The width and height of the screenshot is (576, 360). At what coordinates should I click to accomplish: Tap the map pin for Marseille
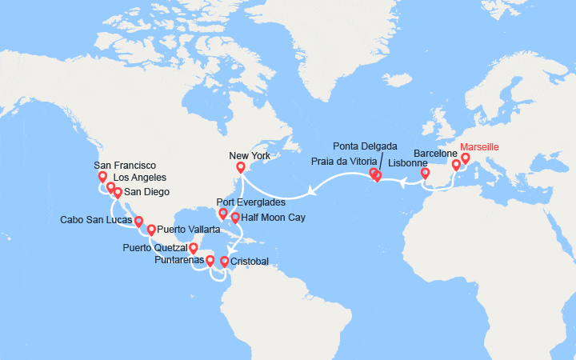(465, 158)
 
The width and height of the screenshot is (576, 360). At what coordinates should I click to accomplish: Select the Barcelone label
(435, 153)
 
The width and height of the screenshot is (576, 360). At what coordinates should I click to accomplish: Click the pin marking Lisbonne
(425, 172)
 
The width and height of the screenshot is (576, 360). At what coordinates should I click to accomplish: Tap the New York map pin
(240, 167)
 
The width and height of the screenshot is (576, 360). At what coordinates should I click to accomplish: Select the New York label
(250, 155)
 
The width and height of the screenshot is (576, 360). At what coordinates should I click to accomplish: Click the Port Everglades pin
(222, 214)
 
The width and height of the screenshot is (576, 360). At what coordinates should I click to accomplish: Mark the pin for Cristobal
(224, 261)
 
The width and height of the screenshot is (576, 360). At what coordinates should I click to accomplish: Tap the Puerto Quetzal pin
(193, 248)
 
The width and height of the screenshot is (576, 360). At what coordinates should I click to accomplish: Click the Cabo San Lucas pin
(138, 222)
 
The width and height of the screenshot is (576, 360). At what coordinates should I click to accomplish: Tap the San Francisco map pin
(102, 177)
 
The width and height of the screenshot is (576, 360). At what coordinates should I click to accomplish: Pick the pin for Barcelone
(456, 165)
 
